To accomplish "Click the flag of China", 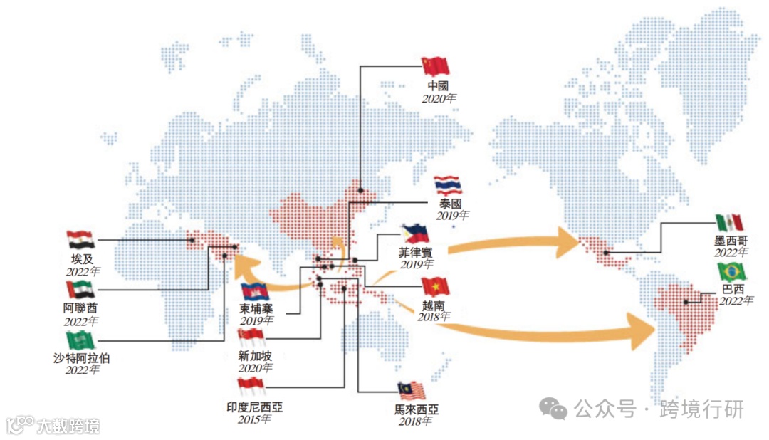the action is click(435, 66).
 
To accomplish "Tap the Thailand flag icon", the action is click(449, 185).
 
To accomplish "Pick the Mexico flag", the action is click(730, 222).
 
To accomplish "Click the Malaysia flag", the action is click(411, 390).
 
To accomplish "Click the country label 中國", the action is click(435, 85).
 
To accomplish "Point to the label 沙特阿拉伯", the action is click(82, 357).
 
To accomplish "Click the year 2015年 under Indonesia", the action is click(253, 419).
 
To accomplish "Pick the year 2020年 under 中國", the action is click(438, 98).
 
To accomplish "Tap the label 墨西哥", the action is click(731, 240).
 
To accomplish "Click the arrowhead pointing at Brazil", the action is click(644, 333).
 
